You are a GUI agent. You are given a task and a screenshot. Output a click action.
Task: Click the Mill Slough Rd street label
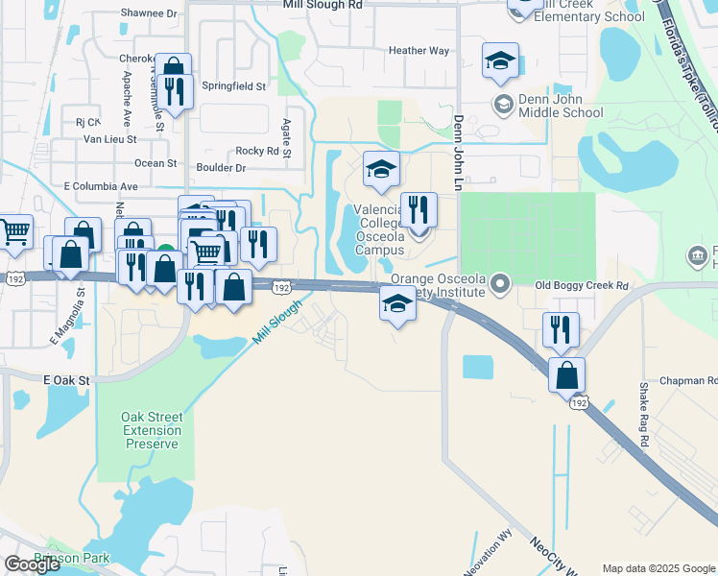(323, 5)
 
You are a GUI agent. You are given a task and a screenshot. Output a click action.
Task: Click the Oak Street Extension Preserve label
(151, 430)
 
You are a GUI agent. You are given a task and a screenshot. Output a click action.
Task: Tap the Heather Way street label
(419, 51)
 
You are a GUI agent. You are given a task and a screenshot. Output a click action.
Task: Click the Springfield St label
(231, 86)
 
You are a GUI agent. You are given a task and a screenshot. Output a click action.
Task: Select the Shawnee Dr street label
(149, 14)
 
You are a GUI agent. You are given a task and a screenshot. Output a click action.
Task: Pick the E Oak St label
(66, 381)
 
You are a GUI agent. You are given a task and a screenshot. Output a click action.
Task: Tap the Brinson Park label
(72, 558)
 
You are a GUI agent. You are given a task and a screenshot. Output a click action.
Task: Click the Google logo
(32, 564)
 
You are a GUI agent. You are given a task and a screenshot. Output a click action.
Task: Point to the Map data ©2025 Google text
(658, 568)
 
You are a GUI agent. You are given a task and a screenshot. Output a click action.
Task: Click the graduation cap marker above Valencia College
(381, 170)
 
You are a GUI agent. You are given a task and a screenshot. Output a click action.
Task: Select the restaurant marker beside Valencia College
(419, 208)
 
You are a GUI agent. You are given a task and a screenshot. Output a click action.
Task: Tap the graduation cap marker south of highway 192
(397, 304)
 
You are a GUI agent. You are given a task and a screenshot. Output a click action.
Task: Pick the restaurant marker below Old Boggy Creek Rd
(561, 328)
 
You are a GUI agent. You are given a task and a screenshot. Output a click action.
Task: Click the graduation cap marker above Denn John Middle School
(500, 60)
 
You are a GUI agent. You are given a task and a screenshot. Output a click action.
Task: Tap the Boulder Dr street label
(222, 168)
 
